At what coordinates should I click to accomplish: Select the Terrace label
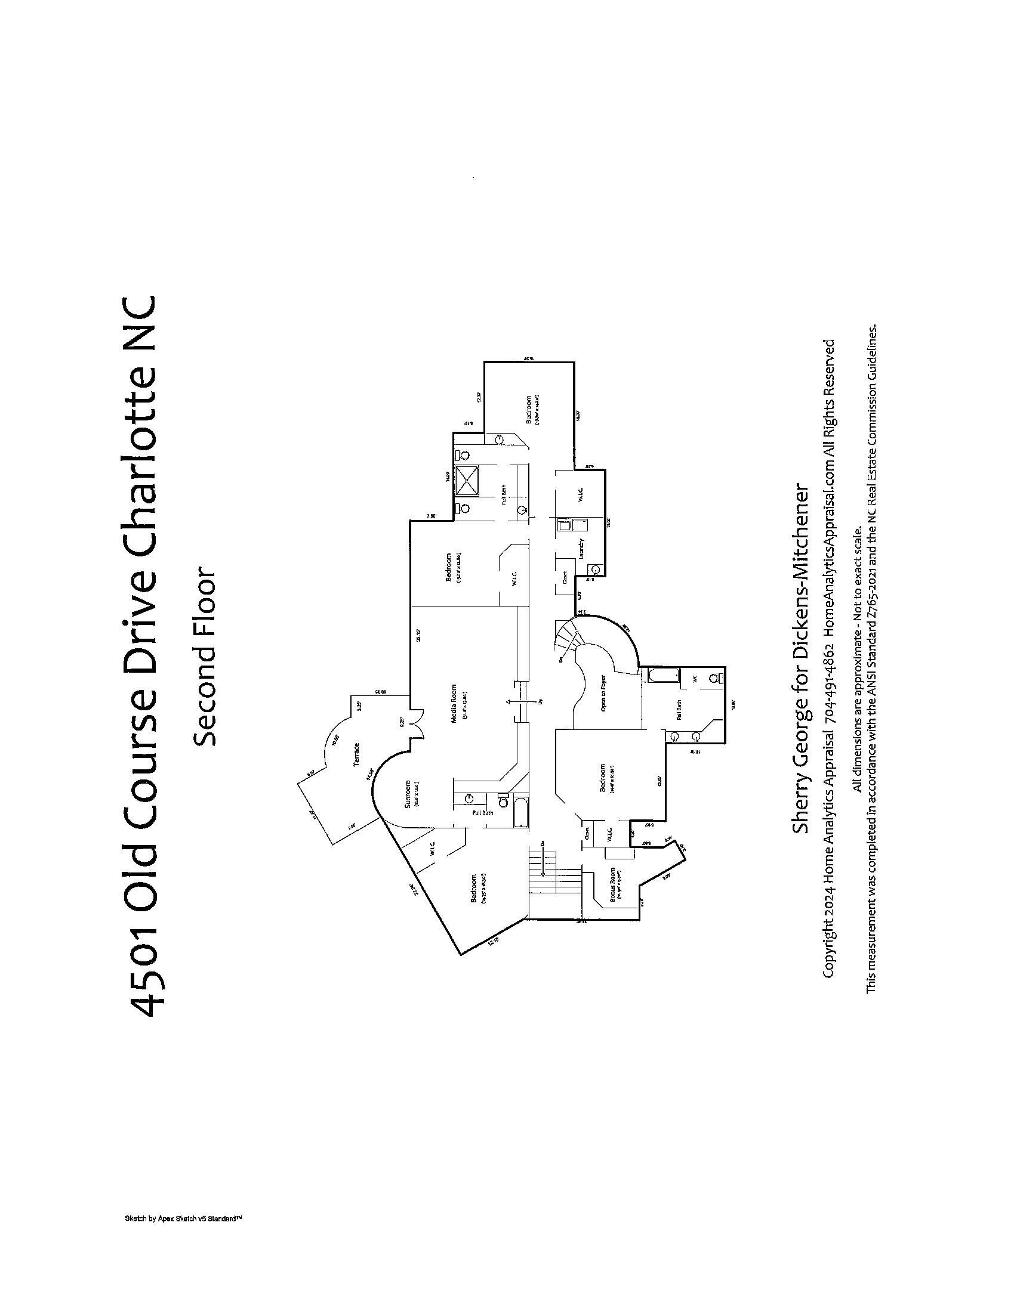point(356,754)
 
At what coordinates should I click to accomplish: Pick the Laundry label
point(581,548)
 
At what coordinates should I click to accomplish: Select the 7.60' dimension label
point(431,515)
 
